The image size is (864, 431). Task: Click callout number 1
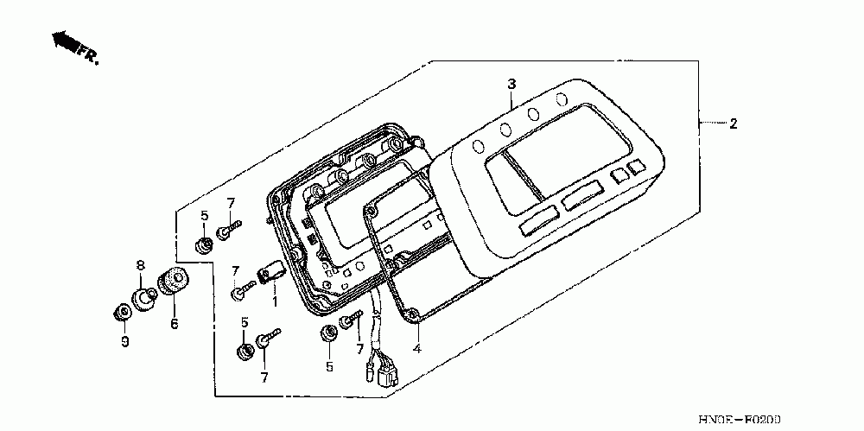tap(275, 301)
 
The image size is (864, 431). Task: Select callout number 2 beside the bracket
tap(733, 124)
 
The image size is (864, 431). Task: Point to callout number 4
tap(416, 349)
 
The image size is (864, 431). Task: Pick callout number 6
tap(173, 324)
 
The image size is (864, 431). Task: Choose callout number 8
tap(140, 265)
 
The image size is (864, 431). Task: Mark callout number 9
tap(124, 342)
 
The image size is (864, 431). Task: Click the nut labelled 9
tap(123, 311)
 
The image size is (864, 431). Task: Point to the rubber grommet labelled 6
tap(171, 282)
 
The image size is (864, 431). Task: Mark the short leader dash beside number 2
tap(711, 124)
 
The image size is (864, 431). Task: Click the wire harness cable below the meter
tap(378, 324)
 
